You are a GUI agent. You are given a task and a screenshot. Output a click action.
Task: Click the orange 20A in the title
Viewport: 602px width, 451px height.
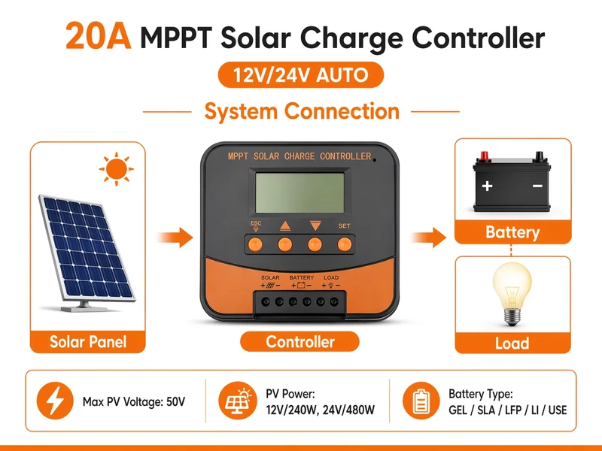coord(99,35)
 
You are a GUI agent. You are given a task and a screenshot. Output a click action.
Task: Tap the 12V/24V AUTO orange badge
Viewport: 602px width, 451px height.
coord(300,74)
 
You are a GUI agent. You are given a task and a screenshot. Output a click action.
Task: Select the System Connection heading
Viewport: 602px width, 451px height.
coord(302,111)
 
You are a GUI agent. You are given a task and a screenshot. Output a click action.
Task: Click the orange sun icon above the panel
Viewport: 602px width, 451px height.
coord(117,168)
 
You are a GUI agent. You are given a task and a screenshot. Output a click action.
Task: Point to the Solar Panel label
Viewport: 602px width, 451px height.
coord(88,342)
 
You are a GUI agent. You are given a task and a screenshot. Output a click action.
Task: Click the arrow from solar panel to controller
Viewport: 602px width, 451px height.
coord(175,238)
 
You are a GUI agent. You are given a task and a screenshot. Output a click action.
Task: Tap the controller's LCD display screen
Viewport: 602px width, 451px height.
coord(299,192)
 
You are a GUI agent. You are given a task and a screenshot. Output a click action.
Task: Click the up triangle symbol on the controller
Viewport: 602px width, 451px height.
coord(285,226)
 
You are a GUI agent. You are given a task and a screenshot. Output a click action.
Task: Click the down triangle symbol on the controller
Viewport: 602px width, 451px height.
coord(315,225)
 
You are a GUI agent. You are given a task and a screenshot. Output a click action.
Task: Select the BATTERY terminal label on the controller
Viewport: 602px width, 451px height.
coord(302,277)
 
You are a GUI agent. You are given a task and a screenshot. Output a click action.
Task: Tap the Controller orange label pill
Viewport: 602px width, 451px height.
coord(299,341)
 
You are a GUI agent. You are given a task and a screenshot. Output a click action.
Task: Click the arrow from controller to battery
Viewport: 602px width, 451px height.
coord(428,238)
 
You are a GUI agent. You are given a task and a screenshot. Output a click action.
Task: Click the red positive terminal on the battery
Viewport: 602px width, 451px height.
coord(484,156)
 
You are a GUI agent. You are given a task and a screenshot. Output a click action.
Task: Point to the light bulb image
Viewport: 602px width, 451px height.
coord(512,294)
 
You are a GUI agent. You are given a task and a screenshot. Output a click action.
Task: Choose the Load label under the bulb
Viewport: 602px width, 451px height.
coord(512,343)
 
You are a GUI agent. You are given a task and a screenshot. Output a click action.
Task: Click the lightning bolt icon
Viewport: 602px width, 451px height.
coord(55,401)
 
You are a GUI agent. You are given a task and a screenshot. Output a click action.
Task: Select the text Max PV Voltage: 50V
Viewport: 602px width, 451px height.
coord(134,401)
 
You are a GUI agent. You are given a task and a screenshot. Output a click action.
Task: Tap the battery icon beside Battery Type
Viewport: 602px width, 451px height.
coord(421,401)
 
